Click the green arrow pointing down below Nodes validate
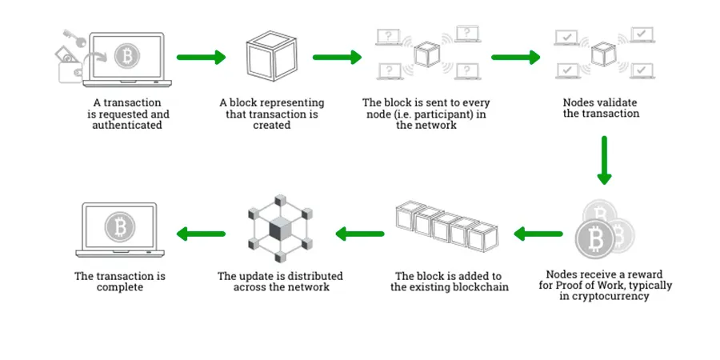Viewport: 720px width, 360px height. (604, 159)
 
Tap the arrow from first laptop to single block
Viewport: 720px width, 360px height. (200, 58)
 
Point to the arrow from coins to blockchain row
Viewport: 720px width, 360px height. (538, 234)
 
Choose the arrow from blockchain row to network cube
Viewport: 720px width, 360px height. (360, 234)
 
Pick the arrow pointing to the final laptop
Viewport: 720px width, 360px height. (200, 234)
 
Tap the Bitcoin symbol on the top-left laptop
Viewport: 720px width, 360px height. (126, 56)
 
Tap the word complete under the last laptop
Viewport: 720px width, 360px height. (120, 287)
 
